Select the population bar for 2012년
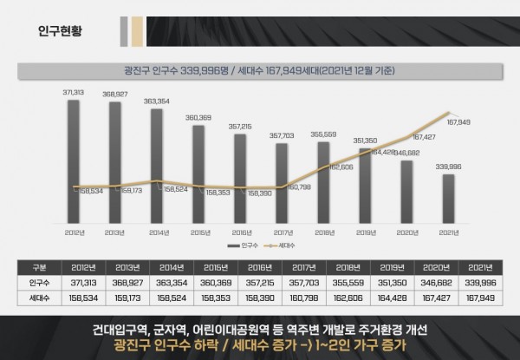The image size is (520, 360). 74,160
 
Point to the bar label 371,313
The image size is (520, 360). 73,92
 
